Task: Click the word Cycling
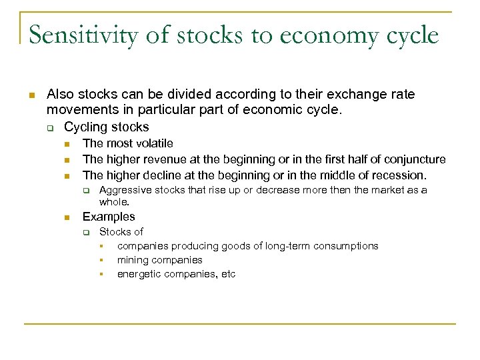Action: pyautogui.click(x=85, y=127)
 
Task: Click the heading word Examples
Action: pyautogui.click(x=108, y=217)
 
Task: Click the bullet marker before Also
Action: pyautogui.click(x=31, y=95)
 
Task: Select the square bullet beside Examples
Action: pyautogui.click(x=67, y=217)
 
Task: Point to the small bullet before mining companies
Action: pyautogui.click(x=103, y=261)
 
